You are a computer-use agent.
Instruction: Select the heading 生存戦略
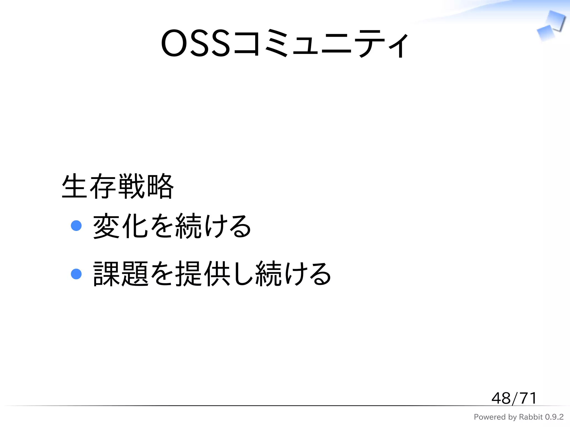click(x=117, y=186)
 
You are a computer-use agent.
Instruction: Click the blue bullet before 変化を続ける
click(x=76, y=225)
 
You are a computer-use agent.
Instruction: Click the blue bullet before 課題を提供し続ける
click(x=76, y=274)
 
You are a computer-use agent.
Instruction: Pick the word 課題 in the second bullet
click(x=120, y=274)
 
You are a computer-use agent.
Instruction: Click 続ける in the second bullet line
click(x=293, y=274)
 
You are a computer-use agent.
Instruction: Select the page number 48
click(x=501, y=398)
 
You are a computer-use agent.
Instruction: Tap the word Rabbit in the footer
click(x=531, y=417)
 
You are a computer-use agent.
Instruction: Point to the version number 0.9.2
click(x=554, y=417)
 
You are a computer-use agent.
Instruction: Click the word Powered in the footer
click(x=490, y=417)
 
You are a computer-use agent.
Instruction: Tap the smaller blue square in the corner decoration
click(x=546, y=33)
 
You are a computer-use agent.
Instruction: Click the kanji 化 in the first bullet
click(x=135, y=226)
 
